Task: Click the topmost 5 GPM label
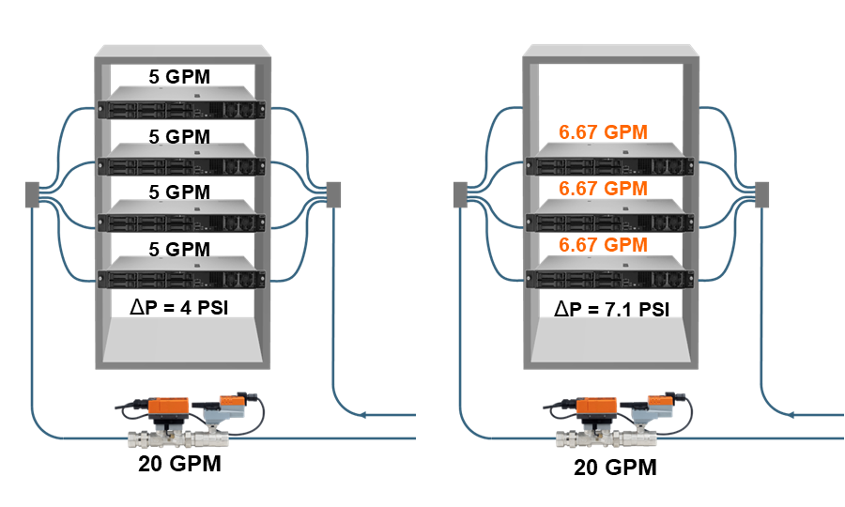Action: pyautogui.click(x=179, y=76)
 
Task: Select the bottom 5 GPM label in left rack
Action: pyautogui.click(x=179, y=249)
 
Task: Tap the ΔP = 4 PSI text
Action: pyautogui.click(x=179, y=307)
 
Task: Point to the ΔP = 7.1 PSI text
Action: pyautogui.click(x=611, y=309)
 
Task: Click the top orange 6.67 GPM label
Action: pyautogui.click(x=603, y=132)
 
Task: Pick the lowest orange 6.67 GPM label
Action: pyautogui.click(x=603, y=245)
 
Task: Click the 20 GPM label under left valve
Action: pyautogui.click(x=179, y=464)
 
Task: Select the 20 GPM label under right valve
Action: pyautogui.click(x=615, y=468)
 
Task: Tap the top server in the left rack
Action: pyautogui.click(x=181, y=103)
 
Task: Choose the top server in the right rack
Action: pyautogui.click(x=609, y=159)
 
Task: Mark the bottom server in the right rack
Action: pyautogui.click(x=609, y=272)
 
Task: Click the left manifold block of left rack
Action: pyautogui.click(x=32, y=194)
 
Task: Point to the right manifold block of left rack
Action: pyautogui.click(x=333, y=194)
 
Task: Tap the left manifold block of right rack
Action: pyautogui.click(x=460, y=194)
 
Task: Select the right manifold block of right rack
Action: pyautogui.click(x=761, y=194)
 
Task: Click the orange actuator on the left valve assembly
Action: pyautogui.click(x=169, y=407)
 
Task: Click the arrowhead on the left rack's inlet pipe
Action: pyautogui.click(x=362, y=415)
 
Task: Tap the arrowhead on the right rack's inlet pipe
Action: pyautogui.click(x=791, y=415)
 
